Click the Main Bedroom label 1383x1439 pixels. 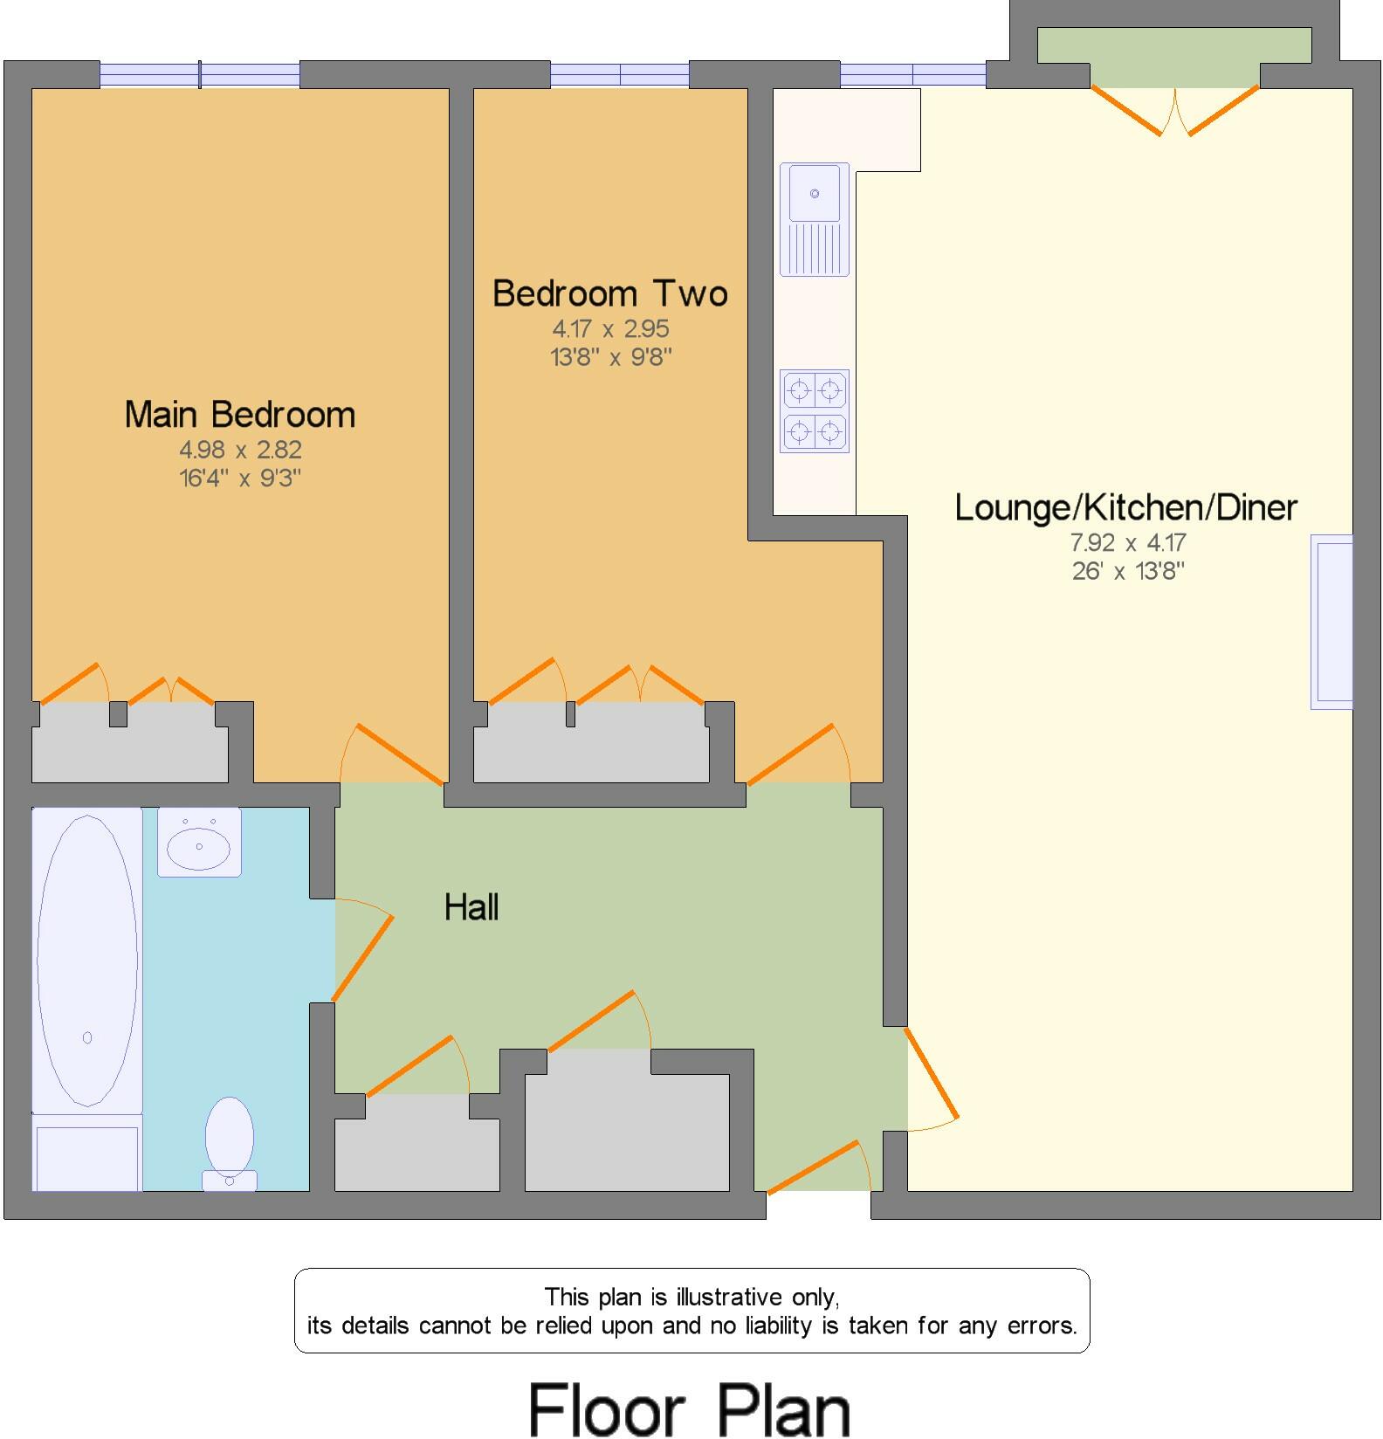click(240, 415)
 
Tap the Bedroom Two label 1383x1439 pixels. click(610, 293)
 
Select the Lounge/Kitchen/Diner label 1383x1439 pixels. click(1126, 507)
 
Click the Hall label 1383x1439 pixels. click(471, 908)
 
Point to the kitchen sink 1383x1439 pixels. click(815, 218)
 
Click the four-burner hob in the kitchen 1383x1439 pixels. click(815, 410)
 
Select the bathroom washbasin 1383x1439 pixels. click(199, 843)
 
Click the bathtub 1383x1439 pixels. click(87, 960)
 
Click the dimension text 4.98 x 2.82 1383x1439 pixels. click(240, 450)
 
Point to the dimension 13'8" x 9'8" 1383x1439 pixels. click(611, 357)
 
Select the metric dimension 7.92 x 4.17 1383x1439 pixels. click(1128, 542)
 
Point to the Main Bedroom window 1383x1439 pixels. click(200, 75)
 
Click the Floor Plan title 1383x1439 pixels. click(690, 1408)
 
